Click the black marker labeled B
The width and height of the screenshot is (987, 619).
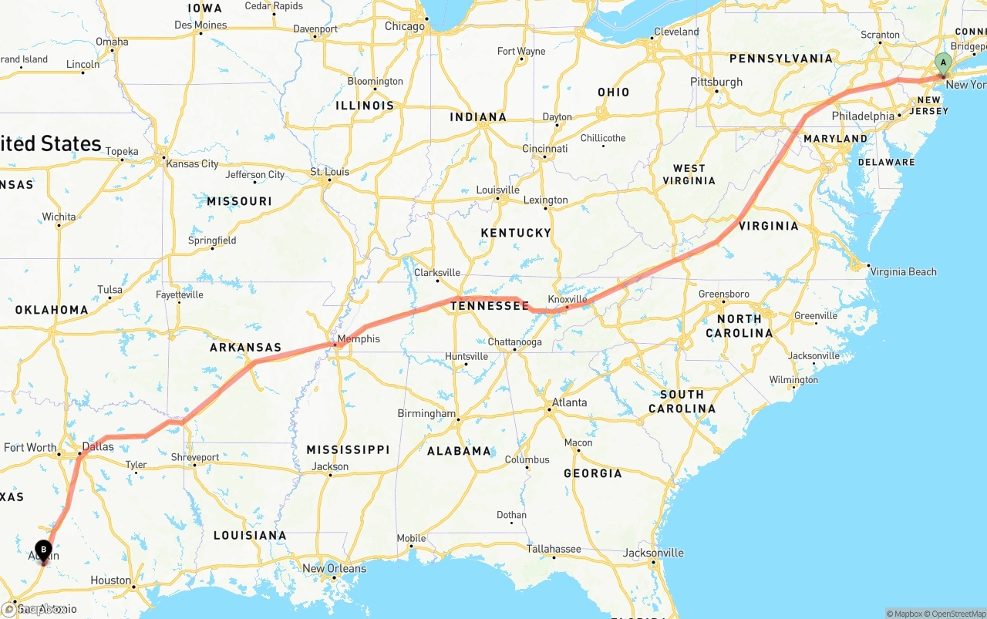[44, 550]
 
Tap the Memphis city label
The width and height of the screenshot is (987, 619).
[359, 338]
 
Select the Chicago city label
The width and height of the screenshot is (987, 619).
[405, 26]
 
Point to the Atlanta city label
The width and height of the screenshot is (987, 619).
[569, 402]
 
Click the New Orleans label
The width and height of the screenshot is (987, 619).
[334, 568]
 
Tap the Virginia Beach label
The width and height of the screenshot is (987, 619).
[903, 271]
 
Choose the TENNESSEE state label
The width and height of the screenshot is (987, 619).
[490, 306]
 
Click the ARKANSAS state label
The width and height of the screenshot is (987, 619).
[245, 348]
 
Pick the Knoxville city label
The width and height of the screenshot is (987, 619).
[568, 299]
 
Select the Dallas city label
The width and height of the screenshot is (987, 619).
[98, 446]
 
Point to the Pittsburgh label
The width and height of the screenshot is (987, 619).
[716, 82]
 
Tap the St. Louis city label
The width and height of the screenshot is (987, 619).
[329, 171]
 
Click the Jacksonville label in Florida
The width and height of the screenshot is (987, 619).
[653, 553]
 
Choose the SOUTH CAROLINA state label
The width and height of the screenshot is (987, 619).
[682, 402]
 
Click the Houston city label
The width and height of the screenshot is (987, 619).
[110, 580]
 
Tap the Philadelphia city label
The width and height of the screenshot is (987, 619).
[863, 116]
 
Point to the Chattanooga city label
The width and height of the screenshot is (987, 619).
[514, 341]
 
